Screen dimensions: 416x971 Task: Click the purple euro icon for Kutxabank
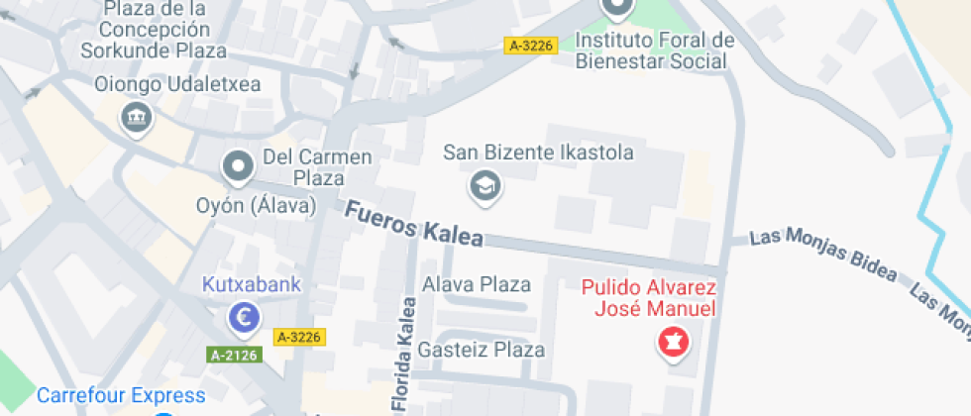244,317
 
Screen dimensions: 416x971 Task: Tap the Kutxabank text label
251,285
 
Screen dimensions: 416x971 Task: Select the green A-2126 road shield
235,354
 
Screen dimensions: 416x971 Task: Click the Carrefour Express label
121,396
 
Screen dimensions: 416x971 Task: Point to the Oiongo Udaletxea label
177,84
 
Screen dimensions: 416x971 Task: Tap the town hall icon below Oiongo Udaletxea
135,118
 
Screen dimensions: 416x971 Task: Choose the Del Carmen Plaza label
317,167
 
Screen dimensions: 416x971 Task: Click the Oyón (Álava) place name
255,206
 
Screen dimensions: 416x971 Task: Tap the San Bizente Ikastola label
538,153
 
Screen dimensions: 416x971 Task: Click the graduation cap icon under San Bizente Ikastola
485,185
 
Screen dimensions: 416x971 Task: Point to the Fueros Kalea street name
414,224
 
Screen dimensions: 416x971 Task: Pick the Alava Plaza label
477,284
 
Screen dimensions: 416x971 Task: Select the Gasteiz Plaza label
482,350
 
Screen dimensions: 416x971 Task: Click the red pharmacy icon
674,344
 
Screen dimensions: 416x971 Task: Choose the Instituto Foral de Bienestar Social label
655,51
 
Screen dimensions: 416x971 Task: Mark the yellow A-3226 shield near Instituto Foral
531,45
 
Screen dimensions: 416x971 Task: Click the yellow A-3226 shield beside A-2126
299,337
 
